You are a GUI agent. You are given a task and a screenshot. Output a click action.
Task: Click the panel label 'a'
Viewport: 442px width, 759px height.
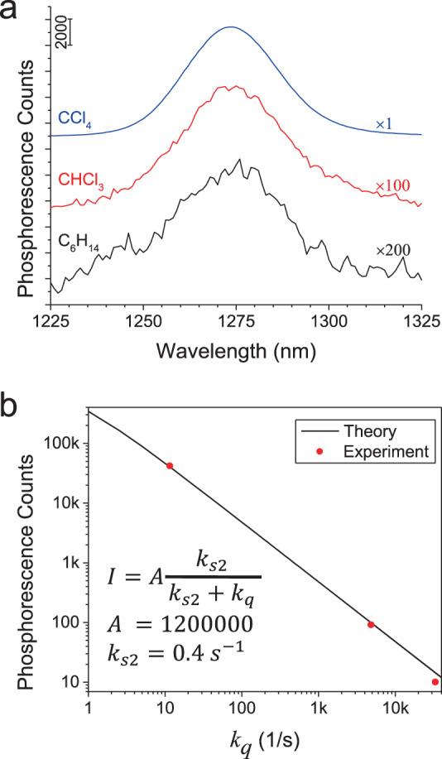coord(11,12)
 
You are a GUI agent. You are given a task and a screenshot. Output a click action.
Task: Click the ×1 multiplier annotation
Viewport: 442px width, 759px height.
coord(384,124)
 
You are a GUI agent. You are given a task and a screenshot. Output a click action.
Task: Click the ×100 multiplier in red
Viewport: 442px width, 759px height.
coord(393,188)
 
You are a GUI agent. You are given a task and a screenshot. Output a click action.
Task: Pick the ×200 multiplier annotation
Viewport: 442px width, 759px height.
coord(393,247)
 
